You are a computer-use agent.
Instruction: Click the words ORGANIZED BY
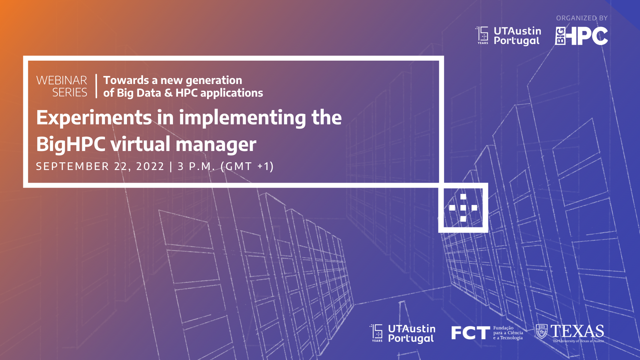[x=582, y=18]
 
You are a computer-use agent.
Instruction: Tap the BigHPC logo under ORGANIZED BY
[x=581, y=36]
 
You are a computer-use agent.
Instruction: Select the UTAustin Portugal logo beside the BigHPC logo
[x=508, y=36]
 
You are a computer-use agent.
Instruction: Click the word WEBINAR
[x=62, y=80]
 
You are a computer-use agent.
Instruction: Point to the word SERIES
[x=70, y=92]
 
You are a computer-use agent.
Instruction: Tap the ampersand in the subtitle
[x=168, y=93]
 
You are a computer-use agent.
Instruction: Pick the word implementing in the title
[x=242, y=118]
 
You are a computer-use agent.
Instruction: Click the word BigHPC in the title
[x=71, y=144]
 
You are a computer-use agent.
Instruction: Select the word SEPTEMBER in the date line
[x=72, y=166]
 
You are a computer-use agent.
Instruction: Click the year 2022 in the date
[x=150, y=166]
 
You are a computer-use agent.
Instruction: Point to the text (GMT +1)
[x=247, y=166]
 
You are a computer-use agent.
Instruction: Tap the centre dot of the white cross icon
[x=463, y=208]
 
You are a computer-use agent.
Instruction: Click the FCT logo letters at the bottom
[x=470, y=333]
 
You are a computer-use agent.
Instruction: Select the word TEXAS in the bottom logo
[x=577, y=331]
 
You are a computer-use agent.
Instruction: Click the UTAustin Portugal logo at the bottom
[x=402, y=333]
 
